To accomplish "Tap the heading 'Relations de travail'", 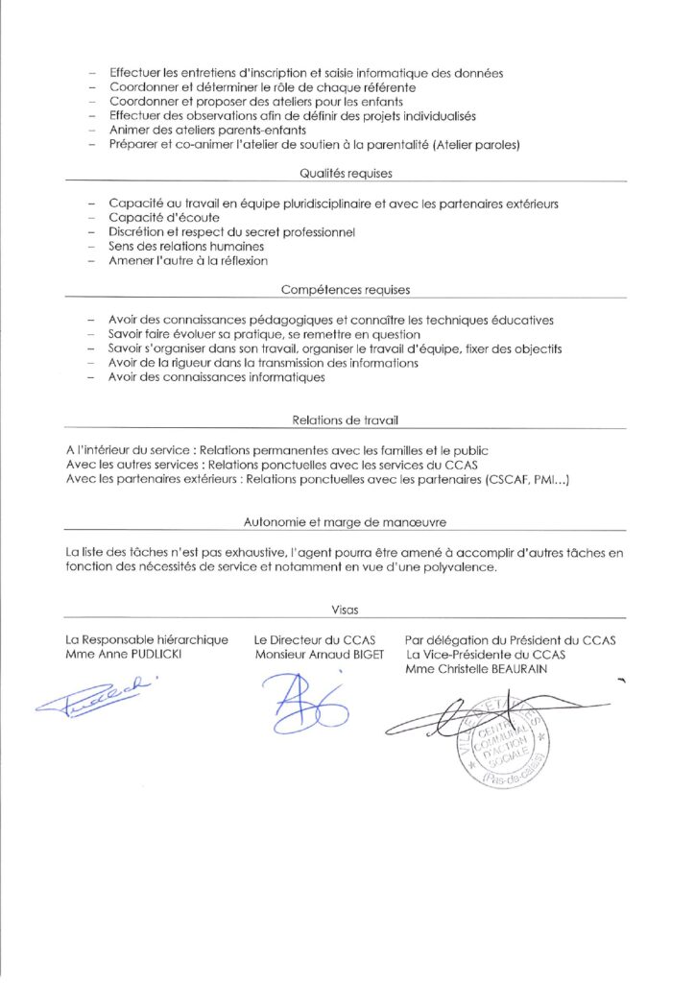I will coord(345,420).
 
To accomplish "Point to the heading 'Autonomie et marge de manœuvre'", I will coord(345,522).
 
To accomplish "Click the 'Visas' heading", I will coord(345,609).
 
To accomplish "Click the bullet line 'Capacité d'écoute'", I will coord(151,218).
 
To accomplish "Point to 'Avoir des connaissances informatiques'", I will coord(216,377).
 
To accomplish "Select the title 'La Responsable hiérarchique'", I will coord(147,640).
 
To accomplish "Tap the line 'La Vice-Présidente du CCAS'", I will coord(486,655).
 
